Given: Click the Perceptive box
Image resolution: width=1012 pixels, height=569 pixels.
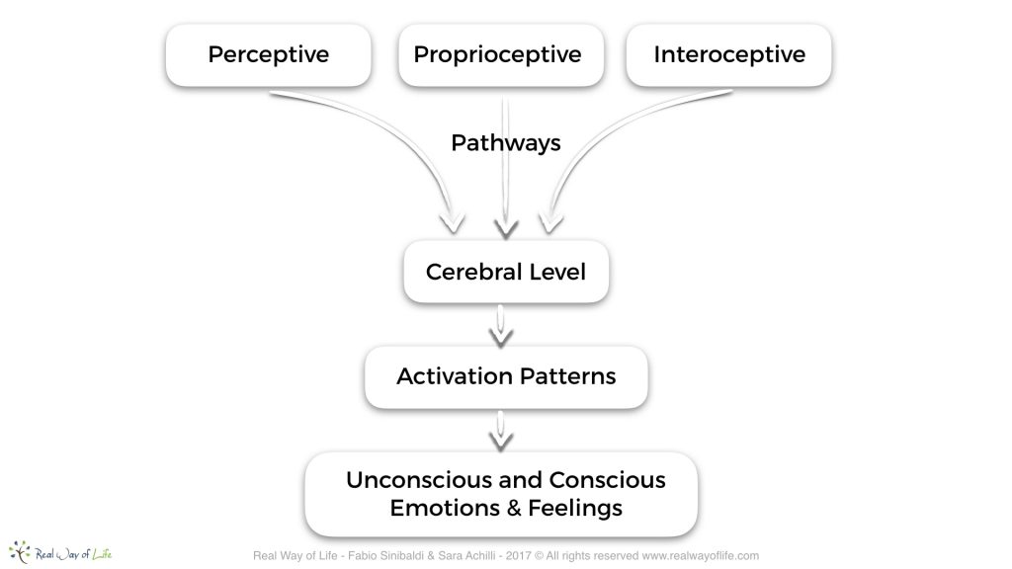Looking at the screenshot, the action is (269, 55).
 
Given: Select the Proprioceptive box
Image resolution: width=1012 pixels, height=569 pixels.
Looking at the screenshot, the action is (501, 55).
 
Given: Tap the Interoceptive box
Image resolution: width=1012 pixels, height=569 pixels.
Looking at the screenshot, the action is (728, 55).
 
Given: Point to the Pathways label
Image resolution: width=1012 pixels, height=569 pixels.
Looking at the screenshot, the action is (506, 143).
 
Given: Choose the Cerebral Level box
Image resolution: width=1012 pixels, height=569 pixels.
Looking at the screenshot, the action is (506, 272).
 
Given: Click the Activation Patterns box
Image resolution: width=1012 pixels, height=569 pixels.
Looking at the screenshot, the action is (506, 376).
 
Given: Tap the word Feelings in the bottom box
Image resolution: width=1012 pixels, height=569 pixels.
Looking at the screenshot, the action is (575, 509).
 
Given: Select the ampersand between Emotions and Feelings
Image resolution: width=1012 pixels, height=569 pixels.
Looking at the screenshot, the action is (514, 509).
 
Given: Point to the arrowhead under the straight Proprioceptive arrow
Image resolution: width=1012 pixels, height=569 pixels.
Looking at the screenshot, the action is (506, 229).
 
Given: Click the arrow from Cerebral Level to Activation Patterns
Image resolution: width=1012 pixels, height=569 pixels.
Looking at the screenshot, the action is (501, 326).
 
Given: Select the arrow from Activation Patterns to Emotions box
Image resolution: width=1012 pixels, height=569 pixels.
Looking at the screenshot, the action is (501, 431).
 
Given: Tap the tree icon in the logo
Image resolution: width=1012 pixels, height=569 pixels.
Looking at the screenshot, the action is (20, 552).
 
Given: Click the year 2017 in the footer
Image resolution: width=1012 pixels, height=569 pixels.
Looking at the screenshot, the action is (518, 556).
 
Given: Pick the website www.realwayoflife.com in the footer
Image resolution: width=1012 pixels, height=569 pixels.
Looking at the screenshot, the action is (701, 556).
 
